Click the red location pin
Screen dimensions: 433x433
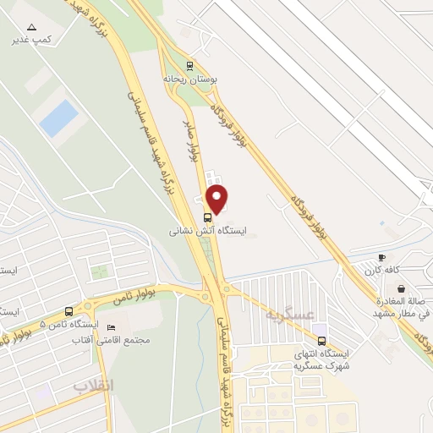click(218, 200)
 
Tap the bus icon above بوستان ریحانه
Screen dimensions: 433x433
click(190, 64)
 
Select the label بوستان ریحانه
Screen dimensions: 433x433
click(190, 78)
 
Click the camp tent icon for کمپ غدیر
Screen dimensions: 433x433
click(32, 28)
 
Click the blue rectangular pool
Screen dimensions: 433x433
click(58, 118)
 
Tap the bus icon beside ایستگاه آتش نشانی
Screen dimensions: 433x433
click(208, 216)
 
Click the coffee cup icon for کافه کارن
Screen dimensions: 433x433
click(381, 258)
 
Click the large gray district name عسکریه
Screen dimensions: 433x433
click(289, 315)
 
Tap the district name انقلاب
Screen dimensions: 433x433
click(92, 386)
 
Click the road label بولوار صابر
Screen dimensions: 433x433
click(193, 138)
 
